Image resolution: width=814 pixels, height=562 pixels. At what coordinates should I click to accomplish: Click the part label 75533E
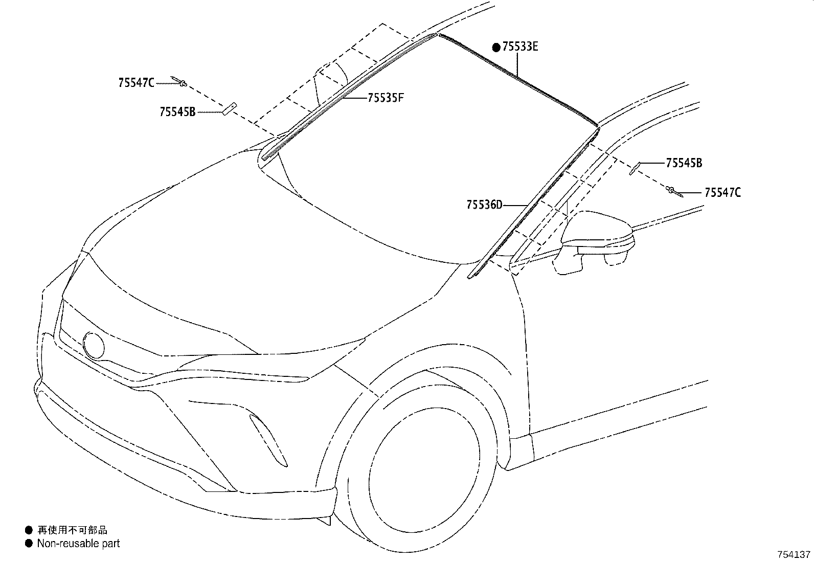[x=520, y=47]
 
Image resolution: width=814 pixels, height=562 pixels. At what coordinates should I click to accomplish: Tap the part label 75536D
[x=484, y=205]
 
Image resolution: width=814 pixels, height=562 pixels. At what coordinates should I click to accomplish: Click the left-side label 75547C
[x=136, y=83]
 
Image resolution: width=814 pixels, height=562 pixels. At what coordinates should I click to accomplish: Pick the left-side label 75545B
[x=177, y=111]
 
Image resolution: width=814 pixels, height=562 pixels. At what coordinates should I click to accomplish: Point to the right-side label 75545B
[x=684, y=163]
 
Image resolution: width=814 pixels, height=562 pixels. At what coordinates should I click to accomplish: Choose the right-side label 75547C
[x=722, y=193]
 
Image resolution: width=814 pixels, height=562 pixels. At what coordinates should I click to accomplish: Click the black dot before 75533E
[x=496, y=48]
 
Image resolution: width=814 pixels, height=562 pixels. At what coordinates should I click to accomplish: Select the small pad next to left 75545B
[x=228, y=108]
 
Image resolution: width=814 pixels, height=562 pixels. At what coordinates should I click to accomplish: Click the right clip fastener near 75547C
[x=674, y=191]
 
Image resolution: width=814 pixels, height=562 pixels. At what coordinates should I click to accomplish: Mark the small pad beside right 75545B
[x=635, y=167]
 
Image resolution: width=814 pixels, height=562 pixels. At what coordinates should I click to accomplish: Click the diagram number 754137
[x=794, y=554]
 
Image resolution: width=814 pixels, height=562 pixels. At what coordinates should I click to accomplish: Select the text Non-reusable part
[x=78, y=543]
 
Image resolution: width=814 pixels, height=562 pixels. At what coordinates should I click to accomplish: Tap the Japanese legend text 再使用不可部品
[x=72, y=530]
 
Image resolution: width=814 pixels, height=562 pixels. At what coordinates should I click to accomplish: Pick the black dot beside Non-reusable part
[x=28, y=543]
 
